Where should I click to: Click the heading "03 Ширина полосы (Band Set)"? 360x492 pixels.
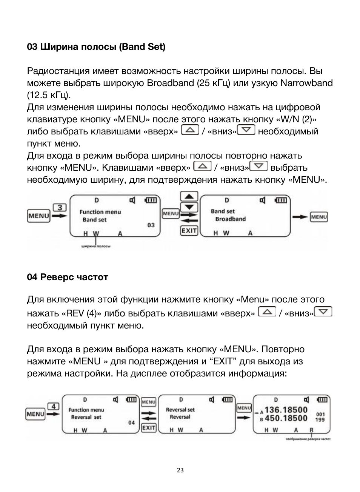96,47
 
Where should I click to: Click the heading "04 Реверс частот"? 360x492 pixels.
68,277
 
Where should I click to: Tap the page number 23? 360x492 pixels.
180,470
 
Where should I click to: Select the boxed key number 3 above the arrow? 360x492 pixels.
60,207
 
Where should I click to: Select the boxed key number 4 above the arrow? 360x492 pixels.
53,406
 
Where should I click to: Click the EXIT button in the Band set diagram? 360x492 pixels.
189,230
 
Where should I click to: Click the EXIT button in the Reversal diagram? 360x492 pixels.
149,427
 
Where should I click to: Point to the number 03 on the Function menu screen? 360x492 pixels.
151,225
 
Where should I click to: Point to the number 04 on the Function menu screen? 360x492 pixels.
131,423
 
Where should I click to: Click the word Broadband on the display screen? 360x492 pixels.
230,219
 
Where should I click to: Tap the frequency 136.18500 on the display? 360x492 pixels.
286,410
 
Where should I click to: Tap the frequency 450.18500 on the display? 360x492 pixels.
286,418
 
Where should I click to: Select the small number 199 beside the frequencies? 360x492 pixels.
320,420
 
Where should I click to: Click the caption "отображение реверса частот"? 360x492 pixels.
308,439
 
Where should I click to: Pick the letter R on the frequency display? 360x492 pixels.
311,430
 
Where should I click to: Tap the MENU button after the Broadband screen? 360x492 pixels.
319,217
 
